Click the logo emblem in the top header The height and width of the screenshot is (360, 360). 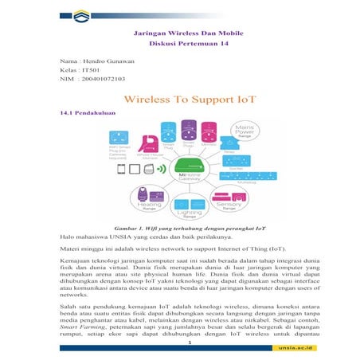click(81, 14)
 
